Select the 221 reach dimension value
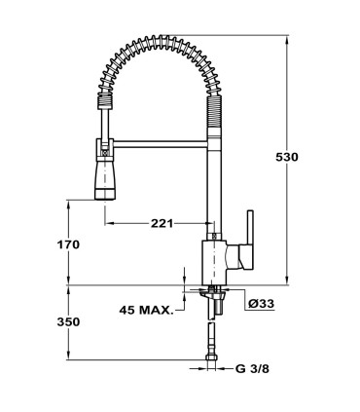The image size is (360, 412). [162, 223]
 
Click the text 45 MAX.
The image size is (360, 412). [145, 311]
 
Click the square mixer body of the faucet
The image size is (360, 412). [213, 261]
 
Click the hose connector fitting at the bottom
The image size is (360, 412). [212, 362]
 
